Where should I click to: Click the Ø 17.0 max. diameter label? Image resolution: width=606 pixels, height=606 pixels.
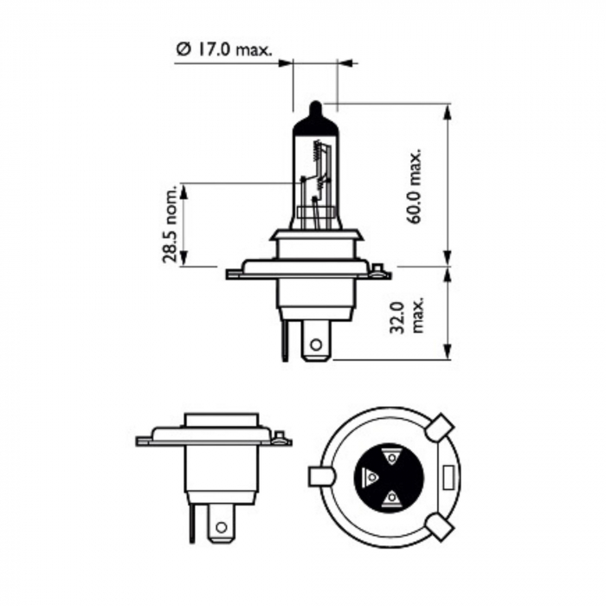(x=222, y=51)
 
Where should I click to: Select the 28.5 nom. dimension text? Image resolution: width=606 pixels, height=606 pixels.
(x=172, y=224)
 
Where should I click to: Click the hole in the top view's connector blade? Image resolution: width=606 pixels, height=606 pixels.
(x=315, y=345)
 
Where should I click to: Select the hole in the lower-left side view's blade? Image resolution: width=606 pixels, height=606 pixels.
(x=222, y=526)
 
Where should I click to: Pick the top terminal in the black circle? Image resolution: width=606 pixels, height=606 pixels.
(x=390, y=455)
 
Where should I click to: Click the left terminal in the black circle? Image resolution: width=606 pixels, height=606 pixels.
(x=371, y=476)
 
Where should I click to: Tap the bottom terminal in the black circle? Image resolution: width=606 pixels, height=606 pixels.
(x=390, y=497)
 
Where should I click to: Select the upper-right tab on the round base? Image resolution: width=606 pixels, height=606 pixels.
(x=440, y=426)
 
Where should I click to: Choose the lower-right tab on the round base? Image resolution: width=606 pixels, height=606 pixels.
(x=440, y=526)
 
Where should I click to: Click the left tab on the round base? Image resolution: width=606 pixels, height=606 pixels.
(x=319, y=476)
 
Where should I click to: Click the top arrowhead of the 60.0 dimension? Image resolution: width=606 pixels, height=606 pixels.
(x=448, y=112)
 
